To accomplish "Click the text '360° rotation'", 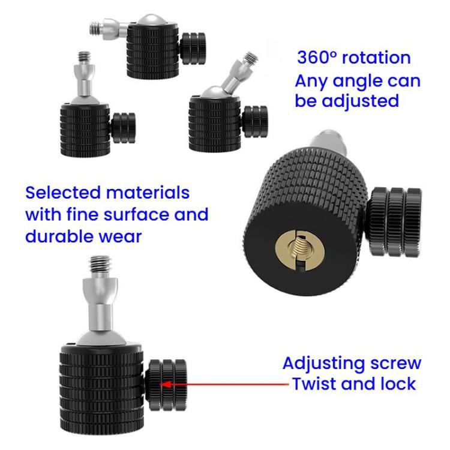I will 354,58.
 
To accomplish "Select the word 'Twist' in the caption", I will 316,383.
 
